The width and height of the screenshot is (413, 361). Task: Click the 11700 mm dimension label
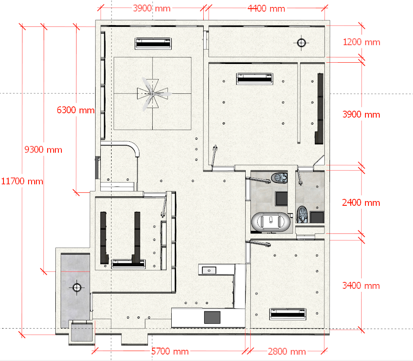(x=22, y=181)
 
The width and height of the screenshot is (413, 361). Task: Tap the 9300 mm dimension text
(x=43, y=150)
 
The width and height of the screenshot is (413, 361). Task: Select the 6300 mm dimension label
(x=76, y=110)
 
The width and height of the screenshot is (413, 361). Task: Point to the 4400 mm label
(x=266, y=8)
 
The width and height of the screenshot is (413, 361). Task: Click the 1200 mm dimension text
(x=362, y=42)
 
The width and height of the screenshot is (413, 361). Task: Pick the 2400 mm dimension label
(x=361, y=202)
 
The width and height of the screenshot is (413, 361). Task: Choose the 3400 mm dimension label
(x=361, y=285)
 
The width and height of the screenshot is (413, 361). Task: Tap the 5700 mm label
(x=170, y=351)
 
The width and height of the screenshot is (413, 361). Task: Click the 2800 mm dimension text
(x=287, y=351)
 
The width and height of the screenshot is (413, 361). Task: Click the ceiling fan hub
(x=152, y=94)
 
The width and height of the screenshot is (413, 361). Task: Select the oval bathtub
(x=271, y=222)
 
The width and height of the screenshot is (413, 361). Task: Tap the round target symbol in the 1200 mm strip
(x=301, y=43)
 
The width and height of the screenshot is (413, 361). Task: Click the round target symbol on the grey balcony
(x=77, y=288)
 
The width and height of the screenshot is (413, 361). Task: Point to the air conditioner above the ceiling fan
(x=153, y=43)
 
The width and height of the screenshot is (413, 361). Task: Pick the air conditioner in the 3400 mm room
(x=288, y=314)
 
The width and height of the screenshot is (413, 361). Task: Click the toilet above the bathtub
(x=279, y=178)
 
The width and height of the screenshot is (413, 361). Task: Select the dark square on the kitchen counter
(x=212, y=317)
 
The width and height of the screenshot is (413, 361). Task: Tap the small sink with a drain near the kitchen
(x=209, y=270)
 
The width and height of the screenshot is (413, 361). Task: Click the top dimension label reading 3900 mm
(x=152, y=8)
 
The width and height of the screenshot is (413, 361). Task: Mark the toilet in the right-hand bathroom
(x=302, y=214)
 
